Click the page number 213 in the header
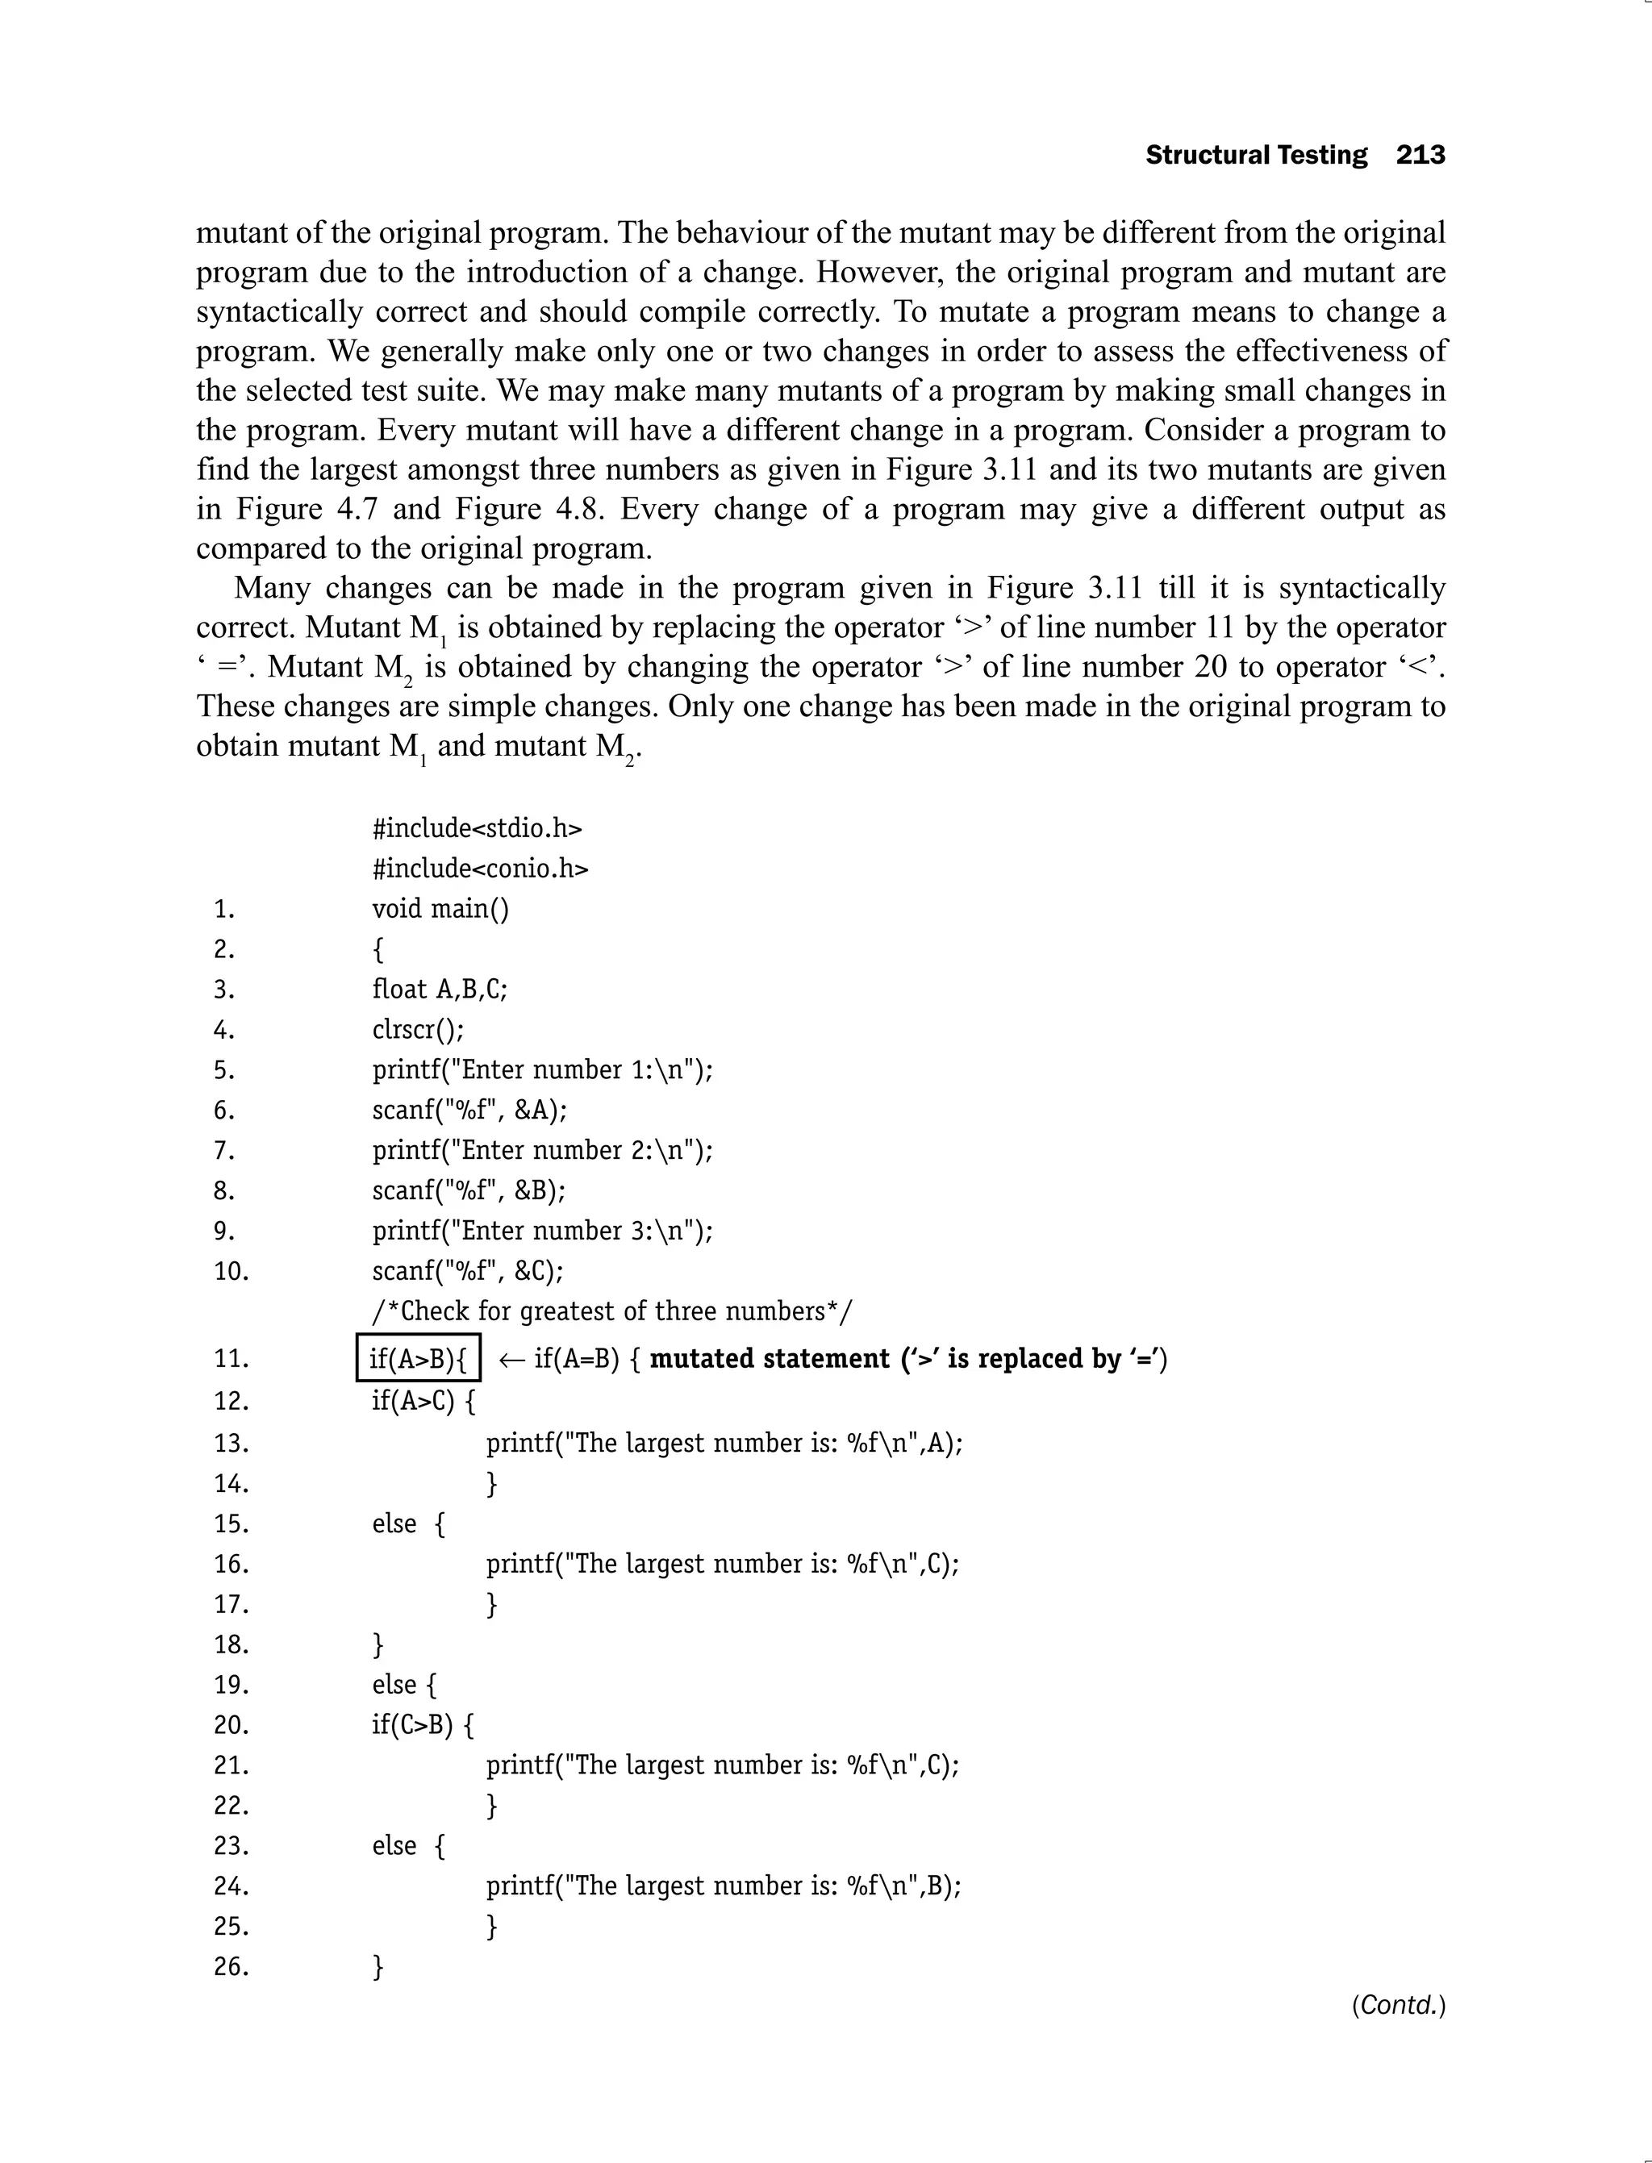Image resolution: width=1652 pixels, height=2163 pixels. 1420,156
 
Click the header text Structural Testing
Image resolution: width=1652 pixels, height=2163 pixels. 1256,156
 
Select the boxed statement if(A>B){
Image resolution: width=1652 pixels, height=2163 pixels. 418,1358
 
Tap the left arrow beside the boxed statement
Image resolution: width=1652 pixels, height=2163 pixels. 511,1359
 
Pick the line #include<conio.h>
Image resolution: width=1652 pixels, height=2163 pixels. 480,868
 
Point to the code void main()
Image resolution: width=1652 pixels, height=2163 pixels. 440,908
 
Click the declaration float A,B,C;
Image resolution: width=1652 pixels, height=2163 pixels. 440,989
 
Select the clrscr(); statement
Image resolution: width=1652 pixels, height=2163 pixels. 418,1029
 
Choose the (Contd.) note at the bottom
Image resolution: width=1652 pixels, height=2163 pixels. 1397,2005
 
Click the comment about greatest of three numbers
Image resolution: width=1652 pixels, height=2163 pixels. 612,1311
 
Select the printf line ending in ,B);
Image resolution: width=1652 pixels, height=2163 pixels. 723,1886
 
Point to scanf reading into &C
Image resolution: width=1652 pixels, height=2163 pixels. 468,1271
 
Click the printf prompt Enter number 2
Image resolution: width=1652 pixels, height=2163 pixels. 542,1150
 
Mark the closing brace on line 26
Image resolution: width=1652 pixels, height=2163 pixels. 378,1966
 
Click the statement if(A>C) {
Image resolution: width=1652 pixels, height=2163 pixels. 423,1400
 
